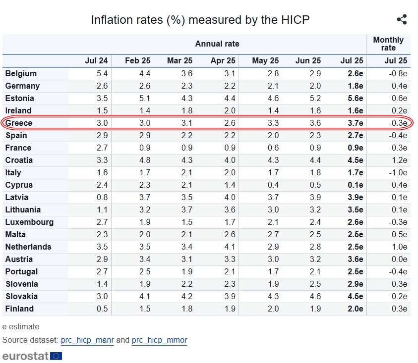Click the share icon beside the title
click(x=402, y=20)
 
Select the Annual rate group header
click(x=217, y=44)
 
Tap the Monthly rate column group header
click(x=388, y=44)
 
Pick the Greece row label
click(x=18, y=123)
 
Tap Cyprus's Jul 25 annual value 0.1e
click(x=355, y=185)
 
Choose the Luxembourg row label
click(x=29, y=222)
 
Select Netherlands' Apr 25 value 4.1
click(x=230, y=247)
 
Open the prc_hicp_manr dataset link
click(x=87, y=340)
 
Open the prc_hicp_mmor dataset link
click(x=159, y=340)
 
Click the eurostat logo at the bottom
click(x=32, y=356)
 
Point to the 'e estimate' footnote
click(x=20, y=327)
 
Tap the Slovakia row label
click(x=21, y=296)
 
